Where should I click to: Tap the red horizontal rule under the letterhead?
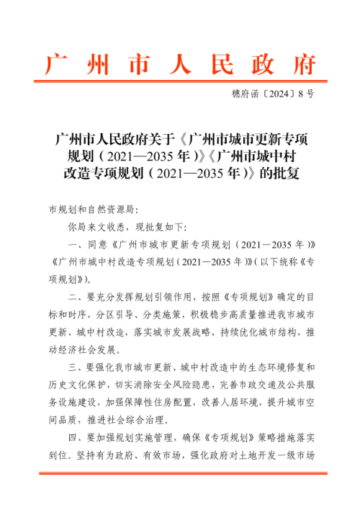(180, 83)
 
